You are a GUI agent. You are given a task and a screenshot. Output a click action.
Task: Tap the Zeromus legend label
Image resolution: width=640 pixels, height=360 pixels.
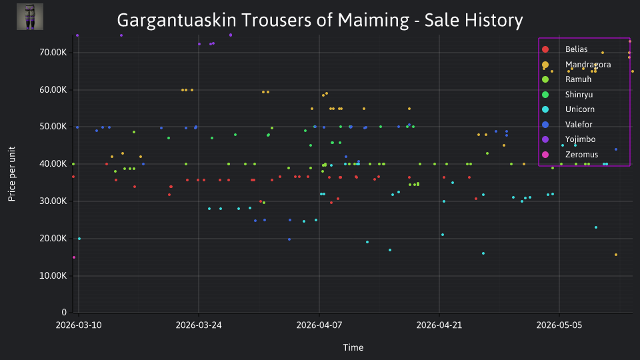[581, 155]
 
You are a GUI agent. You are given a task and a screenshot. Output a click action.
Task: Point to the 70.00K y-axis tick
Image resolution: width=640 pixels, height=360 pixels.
[53, 52]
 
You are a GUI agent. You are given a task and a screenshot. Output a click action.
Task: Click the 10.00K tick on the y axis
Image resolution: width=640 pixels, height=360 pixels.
[53, 276]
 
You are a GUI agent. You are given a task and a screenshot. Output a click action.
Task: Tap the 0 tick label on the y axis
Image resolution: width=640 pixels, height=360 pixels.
[64, 313]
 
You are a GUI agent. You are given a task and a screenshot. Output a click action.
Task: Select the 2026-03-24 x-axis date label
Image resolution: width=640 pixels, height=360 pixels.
[199, 325]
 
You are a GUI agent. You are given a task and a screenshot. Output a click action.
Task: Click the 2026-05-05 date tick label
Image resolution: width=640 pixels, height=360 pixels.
[559, 325]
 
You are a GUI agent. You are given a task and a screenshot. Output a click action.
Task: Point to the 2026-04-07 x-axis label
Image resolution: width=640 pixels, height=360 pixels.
[319, 325]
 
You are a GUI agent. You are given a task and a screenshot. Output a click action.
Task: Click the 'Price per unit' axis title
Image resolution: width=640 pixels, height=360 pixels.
[12, 174]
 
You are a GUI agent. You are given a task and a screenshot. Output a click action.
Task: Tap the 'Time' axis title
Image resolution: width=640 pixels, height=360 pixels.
[353, 348]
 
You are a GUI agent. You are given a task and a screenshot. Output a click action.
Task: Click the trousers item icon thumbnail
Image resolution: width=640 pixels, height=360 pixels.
[30, 17]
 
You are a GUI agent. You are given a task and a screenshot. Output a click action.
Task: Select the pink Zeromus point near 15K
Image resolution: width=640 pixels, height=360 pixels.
[74, 257]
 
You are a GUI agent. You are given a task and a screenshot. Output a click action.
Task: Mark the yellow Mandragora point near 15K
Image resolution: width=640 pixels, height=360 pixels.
[616, 255]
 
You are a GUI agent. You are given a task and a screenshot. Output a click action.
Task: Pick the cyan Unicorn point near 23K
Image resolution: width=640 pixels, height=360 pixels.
[596, 227]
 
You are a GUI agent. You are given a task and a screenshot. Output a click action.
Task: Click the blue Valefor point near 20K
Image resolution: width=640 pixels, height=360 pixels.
[289, 239]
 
